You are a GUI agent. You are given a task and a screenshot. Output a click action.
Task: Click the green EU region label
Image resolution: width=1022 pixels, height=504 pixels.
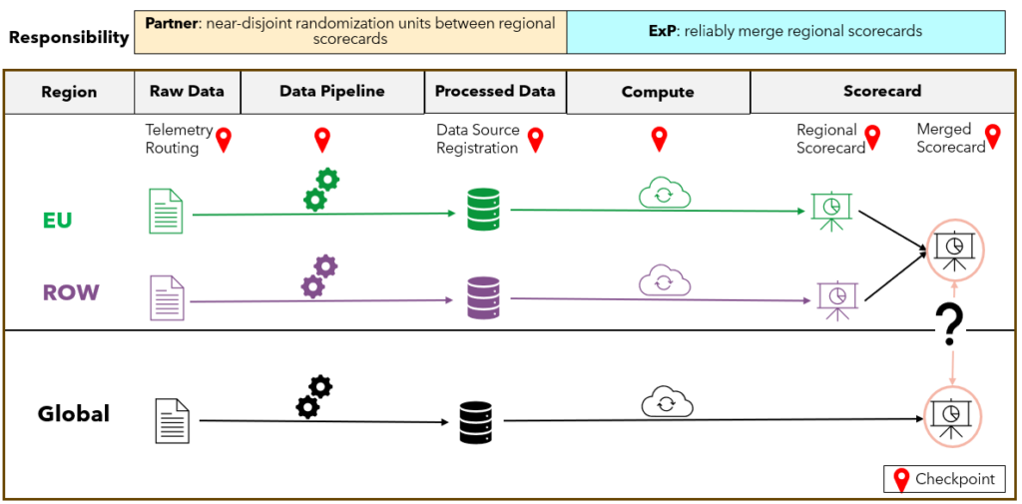(57, 221)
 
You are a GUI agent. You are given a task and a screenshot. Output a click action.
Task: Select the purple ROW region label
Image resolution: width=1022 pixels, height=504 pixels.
(70, 293)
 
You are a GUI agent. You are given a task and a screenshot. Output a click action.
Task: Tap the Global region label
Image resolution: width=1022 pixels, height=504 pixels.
(73, 413)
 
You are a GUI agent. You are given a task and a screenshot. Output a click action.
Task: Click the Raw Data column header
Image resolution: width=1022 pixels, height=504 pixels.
(187, 92)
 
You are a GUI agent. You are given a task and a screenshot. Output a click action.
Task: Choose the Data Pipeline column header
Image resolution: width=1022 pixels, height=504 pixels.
(331, 92)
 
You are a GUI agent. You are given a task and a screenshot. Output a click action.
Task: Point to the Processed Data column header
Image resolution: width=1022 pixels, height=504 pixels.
(495, 92)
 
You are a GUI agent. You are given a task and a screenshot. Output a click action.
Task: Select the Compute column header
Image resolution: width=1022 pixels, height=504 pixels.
(657, 92)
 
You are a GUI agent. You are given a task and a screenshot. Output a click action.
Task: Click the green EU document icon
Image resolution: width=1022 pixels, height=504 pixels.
(166, 212)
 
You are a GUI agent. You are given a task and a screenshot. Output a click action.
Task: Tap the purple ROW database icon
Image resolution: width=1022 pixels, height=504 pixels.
(482, 297)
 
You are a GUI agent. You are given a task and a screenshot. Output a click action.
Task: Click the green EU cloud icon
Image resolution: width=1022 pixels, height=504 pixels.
(664, 194)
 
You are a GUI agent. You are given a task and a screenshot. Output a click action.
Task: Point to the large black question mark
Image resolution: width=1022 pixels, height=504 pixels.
(949, 325)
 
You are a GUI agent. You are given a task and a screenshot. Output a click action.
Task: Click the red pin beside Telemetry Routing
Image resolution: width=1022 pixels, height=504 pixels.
(224, 141)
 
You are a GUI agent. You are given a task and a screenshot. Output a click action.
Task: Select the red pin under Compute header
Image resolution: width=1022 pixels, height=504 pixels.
(659, 140)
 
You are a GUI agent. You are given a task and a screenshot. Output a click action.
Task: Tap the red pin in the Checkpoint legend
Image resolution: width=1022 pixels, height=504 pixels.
(901, 479)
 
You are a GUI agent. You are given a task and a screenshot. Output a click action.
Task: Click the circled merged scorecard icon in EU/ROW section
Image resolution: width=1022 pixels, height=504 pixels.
(955, 248)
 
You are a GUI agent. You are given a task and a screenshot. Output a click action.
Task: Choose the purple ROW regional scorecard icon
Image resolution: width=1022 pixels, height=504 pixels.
(836, 298)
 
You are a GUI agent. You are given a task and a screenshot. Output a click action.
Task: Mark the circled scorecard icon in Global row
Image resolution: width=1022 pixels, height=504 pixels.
(953, 415)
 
